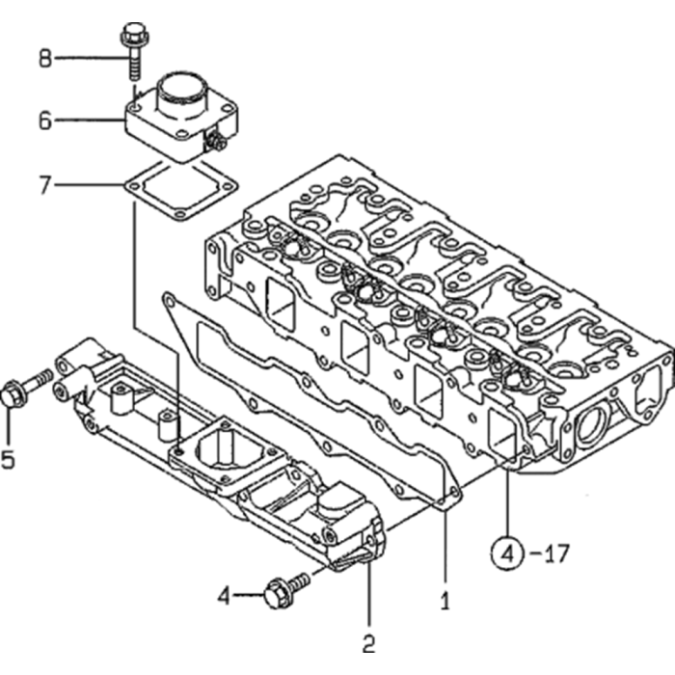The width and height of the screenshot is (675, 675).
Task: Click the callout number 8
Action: pyautogui.click(x=45, y=58)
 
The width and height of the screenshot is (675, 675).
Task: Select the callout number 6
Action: pyautogui.click(x=45, y=121)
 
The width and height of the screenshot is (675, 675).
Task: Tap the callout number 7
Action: pyautogui.click(x=45, y=185)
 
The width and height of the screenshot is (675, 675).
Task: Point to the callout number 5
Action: pyautogui.click(x=8, y=458)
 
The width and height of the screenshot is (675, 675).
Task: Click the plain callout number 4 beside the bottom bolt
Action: pyautogui.click(x=224, y=596)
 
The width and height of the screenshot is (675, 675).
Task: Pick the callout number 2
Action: pyautogui.click(x=369, y=644)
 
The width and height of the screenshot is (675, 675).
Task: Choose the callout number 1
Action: pyautogui.click(x=445, y=601)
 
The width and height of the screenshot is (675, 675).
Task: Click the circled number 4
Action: pyautogui.click(x=508, y=553)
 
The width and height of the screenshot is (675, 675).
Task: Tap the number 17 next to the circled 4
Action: pyautogui.click(x=555, y=553)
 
